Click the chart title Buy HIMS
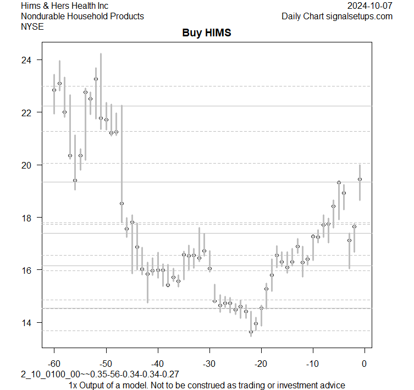tap(207, 33)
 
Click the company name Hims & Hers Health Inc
tap(65, 6)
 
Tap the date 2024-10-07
tap(370, 6)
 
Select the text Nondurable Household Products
tap(82, 16)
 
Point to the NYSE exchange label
tap(32, 26)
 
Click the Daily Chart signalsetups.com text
tap(337, 16)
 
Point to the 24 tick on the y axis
tap(27, 59)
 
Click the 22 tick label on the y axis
tap(27, 112)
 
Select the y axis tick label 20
tap(27, 165)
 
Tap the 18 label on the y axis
tap(27, 218)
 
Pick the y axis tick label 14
tap(27, 323)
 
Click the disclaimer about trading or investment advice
tap(207, 385)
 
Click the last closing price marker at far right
tap(360, 179)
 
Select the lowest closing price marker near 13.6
tap(251, 332)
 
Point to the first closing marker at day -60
tap(54, 90)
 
